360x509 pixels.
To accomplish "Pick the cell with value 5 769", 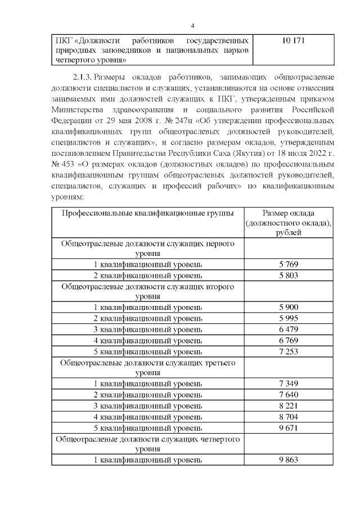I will [288, 264].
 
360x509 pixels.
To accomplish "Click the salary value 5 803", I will [288, 275].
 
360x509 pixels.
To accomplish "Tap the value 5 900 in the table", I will [288, 307].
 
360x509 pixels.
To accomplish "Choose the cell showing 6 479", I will [288, 329].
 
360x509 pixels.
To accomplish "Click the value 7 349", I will [288, 384].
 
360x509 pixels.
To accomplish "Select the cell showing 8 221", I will [288, 406].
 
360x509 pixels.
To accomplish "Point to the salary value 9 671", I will [288, 427].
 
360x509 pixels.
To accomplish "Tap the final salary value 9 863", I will [288, 460].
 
